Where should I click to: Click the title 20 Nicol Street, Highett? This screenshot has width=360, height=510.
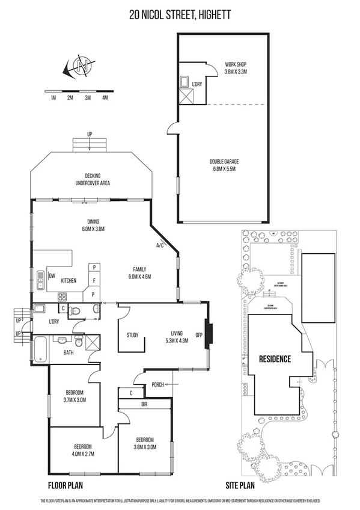click(180, 14)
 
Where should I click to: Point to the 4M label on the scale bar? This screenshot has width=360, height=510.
click(105, 97)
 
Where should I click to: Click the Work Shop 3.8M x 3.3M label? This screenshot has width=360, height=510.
click(236, 68)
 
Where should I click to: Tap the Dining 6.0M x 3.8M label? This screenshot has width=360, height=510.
click(93, 224)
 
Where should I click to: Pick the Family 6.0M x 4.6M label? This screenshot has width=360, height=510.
click(139, 272)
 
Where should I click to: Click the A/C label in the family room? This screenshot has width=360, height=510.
click(160, 245)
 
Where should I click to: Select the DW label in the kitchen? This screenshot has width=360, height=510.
click(52, 276)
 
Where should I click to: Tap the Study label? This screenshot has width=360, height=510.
click(133, 335)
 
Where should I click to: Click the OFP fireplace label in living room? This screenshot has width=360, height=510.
click(199, 334)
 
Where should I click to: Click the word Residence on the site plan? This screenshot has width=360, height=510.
click(275, 359)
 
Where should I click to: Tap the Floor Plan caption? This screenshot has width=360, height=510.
click(65, 484)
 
